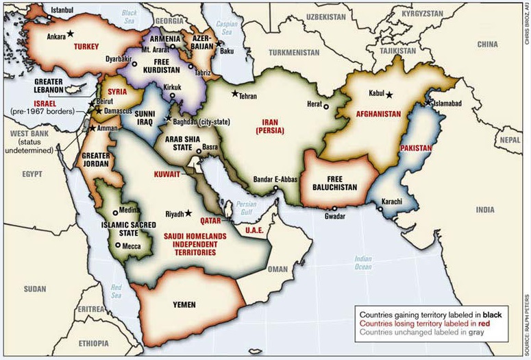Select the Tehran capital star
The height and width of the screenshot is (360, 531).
click(x=235, y=94)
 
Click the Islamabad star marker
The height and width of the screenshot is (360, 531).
click(x=429, y=103)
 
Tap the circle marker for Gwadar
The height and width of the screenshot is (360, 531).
click(x=334, y=208)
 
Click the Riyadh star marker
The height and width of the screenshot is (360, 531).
click(x=188, y=213)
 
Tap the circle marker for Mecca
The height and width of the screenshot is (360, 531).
click(x=118, y=245)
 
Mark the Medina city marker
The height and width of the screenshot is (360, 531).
click(x=114, y=212)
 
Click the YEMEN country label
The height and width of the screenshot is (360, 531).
click(x=184, y=304)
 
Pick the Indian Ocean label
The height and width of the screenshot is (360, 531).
click(x=362, y=263)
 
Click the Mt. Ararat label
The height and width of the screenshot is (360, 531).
click(x=156, y=49)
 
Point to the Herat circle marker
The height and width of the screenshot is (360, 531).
click(x=326, y=106)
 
